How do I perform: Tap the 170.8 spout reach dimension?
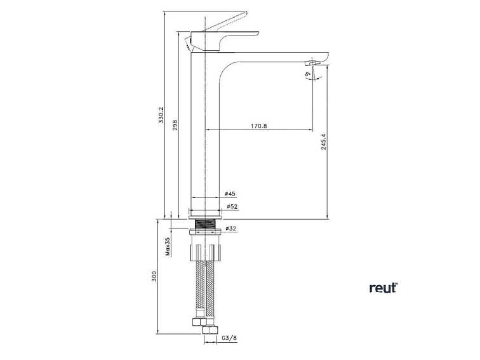pyautogui.click(x=258, y=126)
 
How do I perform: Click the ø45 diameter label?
pyautogui.click(x=230, y=194)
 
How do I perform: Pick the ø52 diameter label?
pyautogui.click(x=232, y=206)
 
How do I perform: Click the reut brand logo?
pyautogui.click(x=383, y=288)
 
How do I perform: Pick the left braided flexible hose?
pyautogui.click(x=199, y=286)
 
